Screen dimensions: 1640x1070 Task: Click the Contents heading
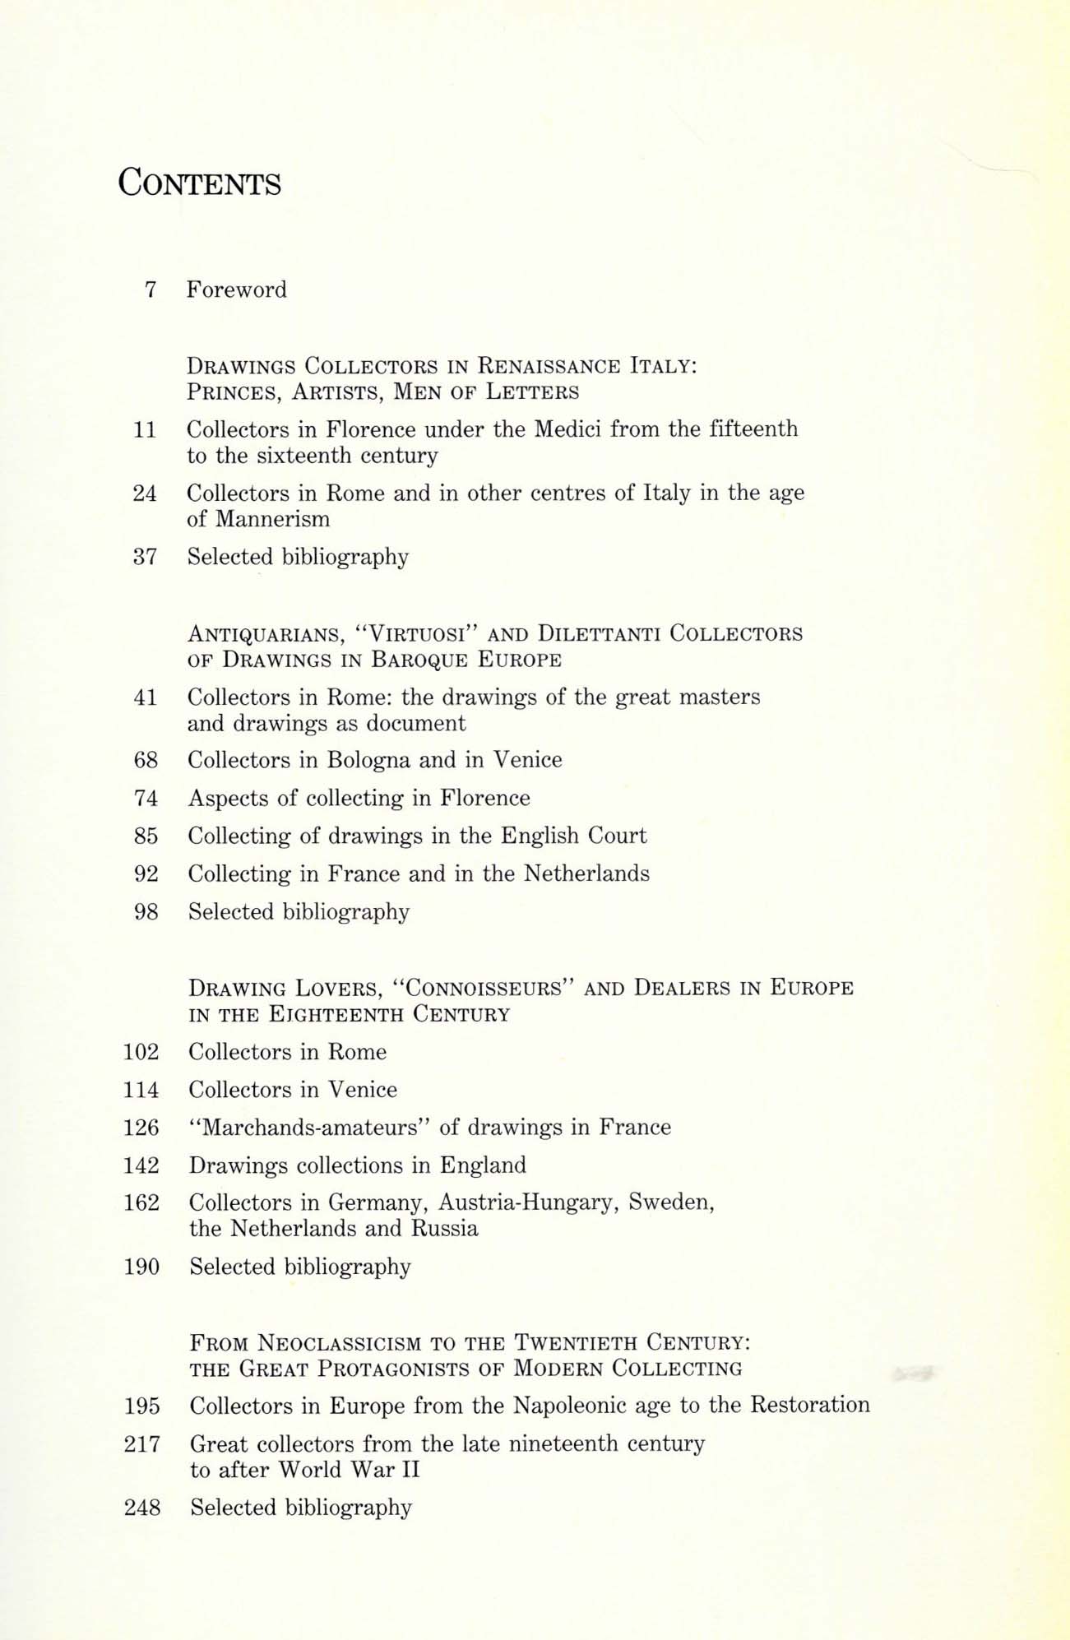199,183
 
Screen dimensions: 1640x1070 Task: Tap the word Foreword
236,290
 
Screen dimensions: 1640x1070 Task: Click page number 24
145,493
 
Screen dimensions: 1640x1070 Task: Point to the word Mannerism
272,519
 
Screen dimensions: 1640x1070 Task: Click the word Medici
568,429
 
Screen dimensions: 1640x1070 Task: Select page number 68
146,760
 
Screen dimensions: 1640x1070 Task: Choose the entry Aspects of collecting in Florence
359,798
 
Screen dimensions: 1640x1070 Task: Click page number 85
146,836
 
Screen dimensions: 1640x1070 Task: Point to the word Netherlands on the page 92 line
586,873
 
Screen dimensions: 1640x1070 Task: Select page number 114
141,1090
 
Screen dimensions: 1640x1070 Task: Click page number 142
141,1165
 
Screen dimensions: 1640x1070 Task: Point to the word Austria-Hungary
529,1202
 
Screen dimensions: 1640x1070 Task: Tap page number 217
141,1443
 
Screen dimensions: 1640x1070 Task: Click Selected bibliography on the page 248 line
300,1507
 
